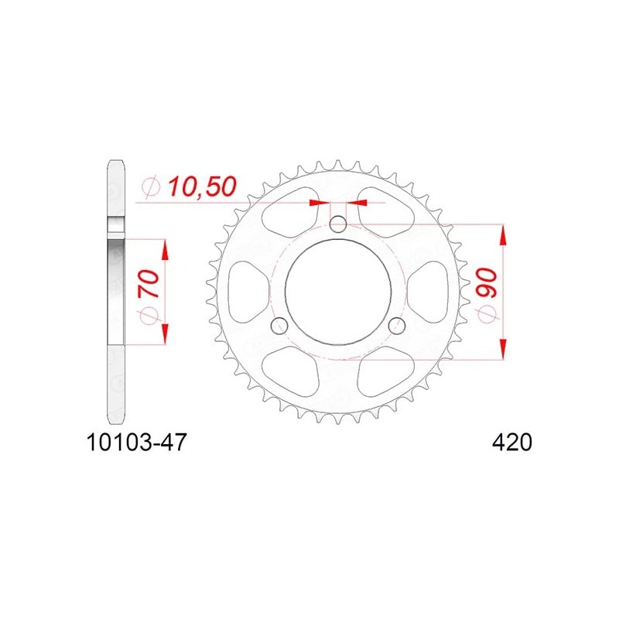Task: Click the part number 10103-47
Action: (136, 443)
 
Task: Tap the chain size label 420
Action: (512, 443)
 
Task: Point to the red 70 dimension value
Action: (149, 283)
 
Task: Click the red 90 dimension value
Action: (487, 282)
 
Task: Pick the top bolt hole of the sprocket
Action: (338, 225)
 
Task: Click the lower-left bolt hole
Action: (280, 325)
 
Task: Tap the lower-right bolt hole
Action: (396, 325)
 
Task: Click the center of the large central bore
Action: (338, 292)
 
